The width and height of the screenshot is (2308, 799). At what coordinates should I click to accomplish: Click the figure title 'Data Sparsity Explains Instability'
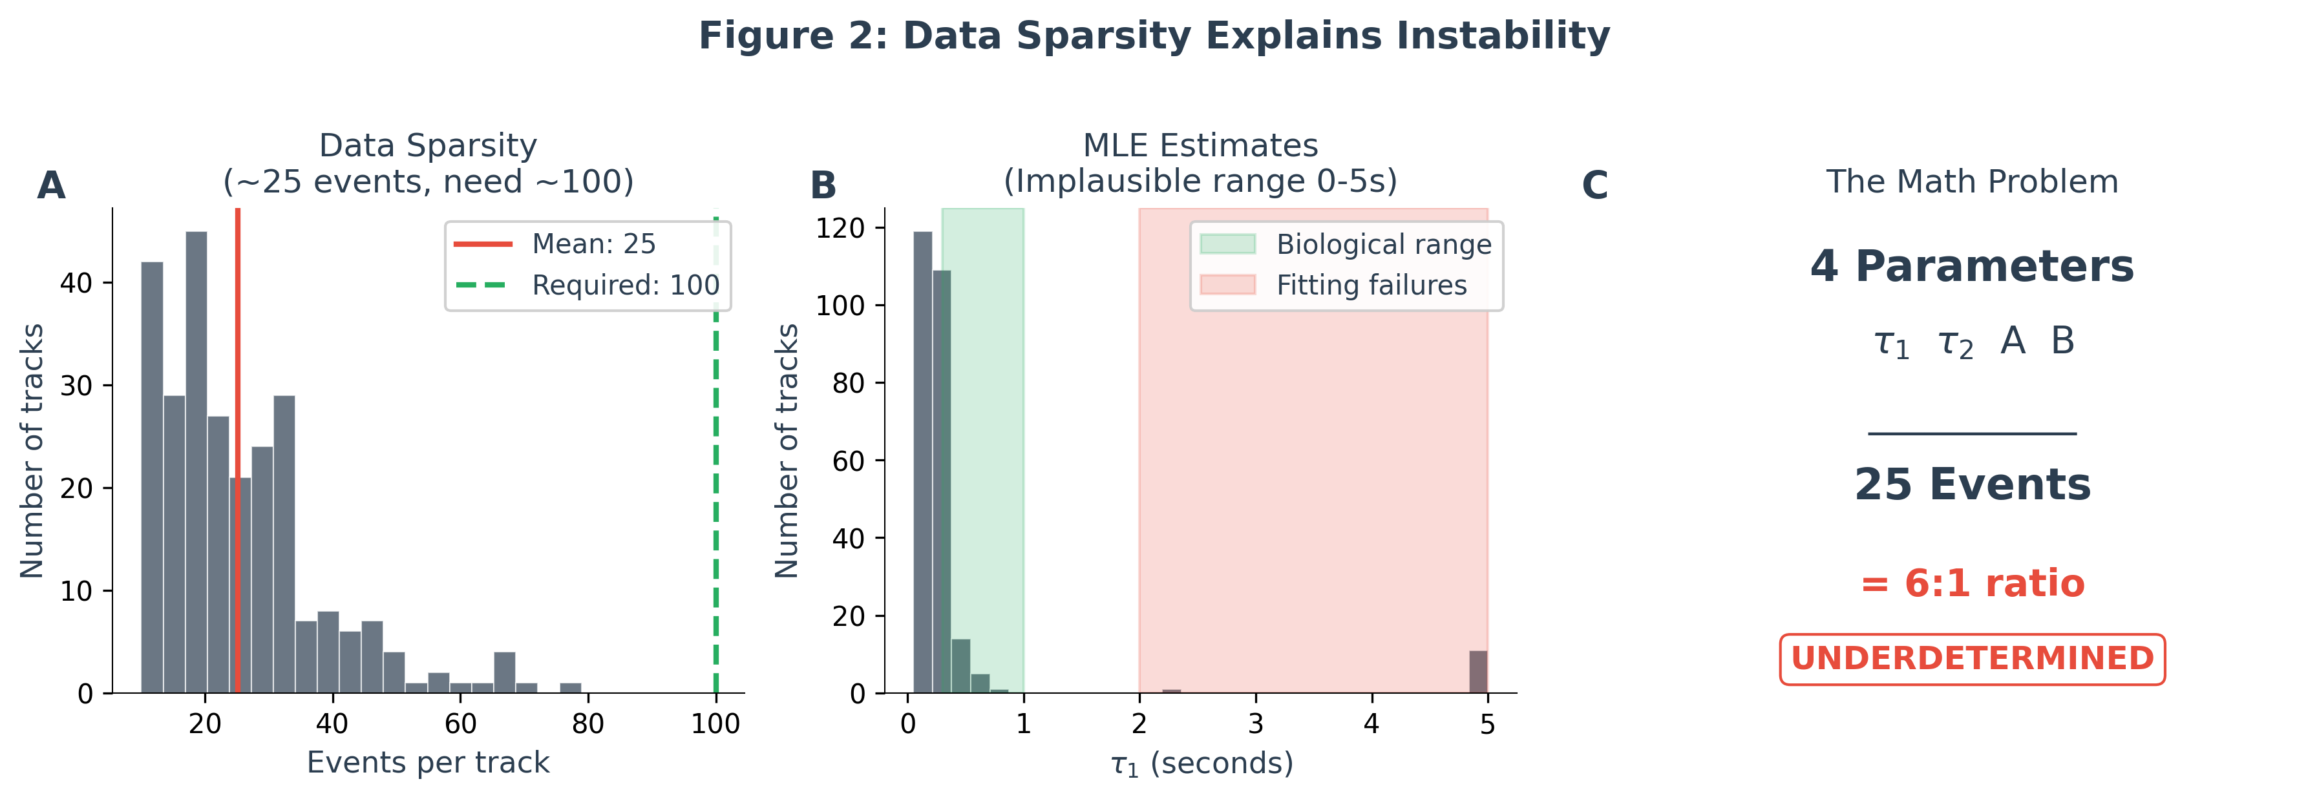coord(1154,36)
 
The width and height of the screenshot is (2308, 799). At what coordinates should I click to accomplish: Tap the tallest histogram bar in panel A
coord(196,461)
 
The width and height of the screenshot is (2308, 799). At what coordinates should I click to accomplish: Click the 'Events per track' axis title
coord(429,762)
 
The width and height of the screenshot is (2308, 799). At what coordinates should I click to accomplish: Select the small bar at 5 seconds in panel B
coord(1478,672)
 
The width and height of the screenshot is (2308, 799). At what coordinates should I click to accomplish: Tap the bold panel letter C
coord(1595,185)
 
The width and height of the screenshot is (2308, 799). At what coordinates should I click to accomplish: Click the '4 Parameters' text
coord(1972,266)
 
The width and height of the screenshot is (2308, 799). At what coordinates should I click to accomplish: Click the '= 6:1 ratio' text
coord(1972,583)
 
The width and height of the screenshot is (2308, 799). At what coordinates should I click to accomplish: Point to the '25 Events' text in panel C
coord(1972,484)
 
